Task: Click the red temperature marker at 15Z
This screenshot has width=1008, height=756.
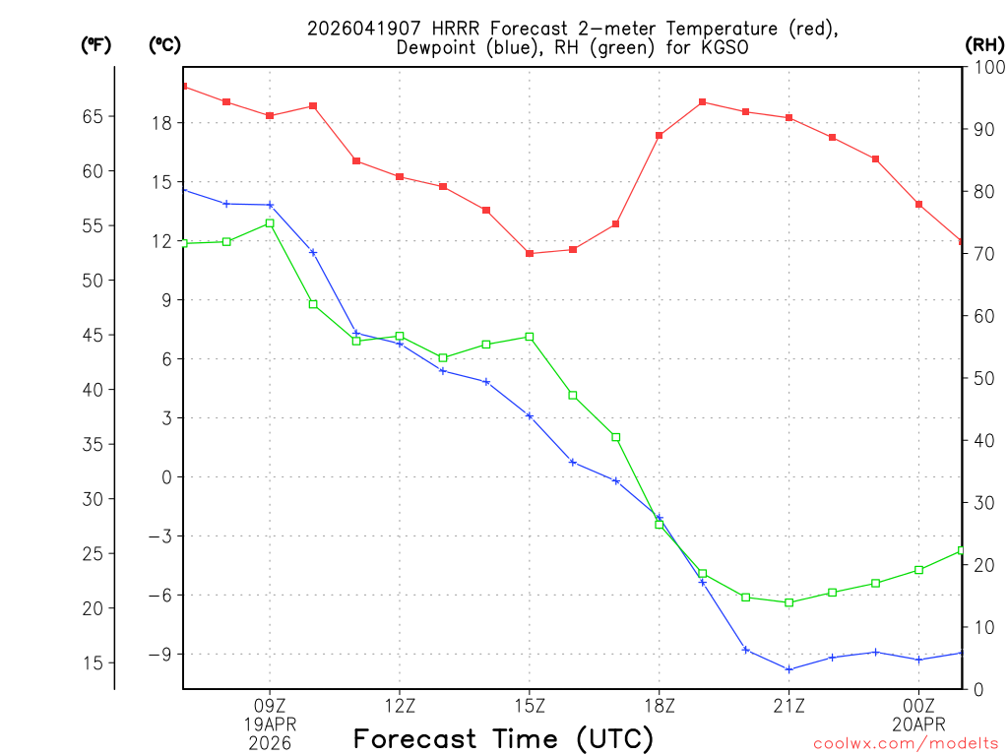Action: [530, 254]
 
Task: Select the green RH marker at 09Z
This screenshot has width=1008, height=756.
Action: [270, 223]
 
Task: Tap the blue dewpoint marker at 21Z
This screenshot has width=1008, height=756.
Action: [789, 669]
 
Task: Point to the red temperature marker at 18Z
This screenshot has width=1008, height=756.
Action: [660, 135]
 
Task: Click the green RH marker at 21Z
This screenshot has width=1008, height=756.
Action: [789, 602]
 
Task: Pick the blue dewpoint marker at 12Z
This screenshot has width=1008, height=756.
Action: [400, 344]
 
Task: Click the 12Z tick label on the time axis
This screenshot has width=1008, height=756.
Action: [400, 706]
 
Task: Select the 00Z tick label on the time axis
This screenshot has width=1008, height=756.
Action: [918, 706]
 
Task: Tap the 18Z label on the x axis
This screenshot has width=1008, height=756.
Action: [660, 706]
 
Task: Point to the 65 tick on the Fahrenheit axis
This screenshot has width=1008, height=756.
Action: [93, 116]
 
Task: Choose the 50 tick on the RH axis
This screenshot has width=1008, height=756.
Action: [981, 378]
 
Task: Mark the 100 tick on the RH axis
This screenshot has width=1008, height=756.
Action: [985, 67]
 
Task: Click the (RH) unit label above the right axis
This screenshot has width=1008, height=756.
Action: [983, 44]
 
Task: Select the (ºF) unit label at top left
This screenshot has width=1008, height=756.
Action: [95, 44]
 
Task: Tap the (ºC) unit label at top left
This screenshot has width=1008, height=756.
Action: [163, 44]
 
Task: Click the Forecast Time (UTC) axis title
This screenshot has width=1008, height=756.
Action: [503, 738]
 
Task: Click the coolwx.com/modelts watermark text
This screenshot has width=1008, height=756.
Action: [906, 744]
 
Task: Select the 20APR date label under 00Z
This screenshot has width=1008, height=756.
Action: [918, 724]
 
